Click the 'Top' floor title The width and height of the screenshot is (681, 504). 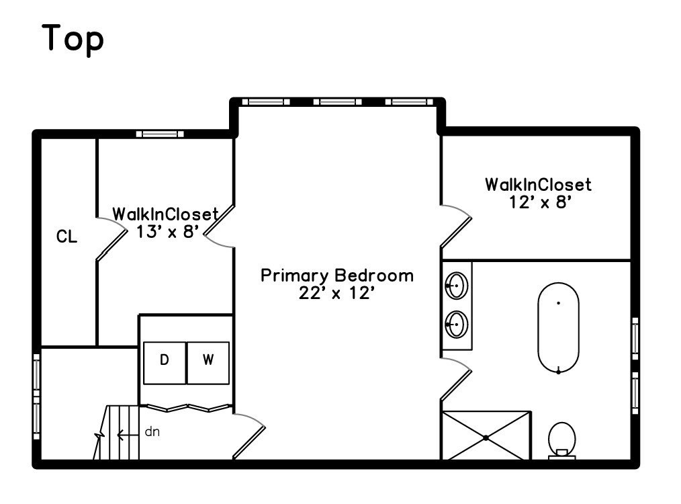pyautogui.click(x=73, y=38)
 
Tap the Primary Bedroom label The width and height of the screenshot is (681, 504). pyautogui.click(x=337, y=276)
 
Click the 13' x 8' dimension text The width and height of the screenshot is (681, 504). pyautogui.click(x=165, y=233)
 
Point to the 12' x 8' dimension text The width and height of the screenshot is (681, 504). pyautogui.click(x=540, y=202)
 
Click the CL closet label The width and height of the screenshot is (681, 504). pyautogui.click(x=66, y=237)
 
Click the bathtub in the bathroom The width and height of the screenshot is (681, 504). pyautogui.click(x=558, y=327)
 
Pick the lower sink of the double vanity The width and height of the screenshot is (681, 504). pyautogui.click(x=457, y=325)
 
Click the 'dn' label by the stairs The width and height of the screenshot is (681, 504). pyautogui.click(x=152, y=431)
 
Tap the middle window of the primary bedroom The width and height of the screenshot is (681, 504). pyautogui.click(x=337, y=102)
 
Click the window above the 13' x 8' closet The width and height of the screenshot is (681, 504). pyautogui.click(x=160, y=134)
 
